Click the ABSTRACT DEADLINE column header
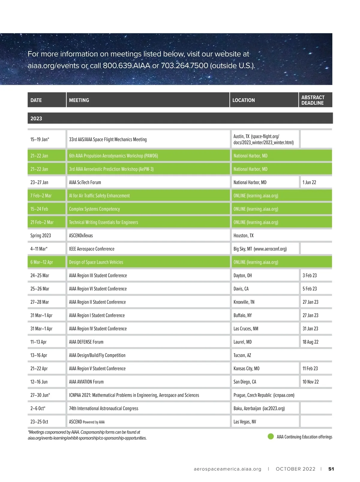pos(313,100)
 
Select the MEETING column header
pos(79,100)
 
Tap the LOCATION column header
pos(244,100)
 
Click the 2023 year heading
pos(36,119)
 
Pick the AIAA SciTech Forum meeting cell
pos(85,182)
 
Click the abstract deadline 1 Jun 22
pos(309,182)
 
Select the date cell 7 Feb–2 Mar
pos(41,196)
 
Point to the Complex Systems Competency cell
pos(94,209)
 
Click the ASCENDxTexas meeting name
pos(81,236)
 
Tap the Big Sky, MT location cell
pos(260,249)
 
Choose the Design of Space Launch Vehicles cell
pos(96,262)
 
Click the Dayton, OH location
pos(243,276)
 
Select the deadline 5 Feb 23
pos(310,289)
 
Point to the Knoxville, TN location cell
pos(244,302)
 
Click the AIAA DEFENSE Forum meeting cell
pos(86,342)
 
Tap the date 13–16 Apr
pos(39,355)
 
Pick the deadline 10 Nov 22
pos(310,382)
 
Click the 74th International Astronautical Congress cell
pos(104,408)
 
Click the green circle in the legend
pos(271,436)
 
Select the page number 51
pos(331,469)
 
